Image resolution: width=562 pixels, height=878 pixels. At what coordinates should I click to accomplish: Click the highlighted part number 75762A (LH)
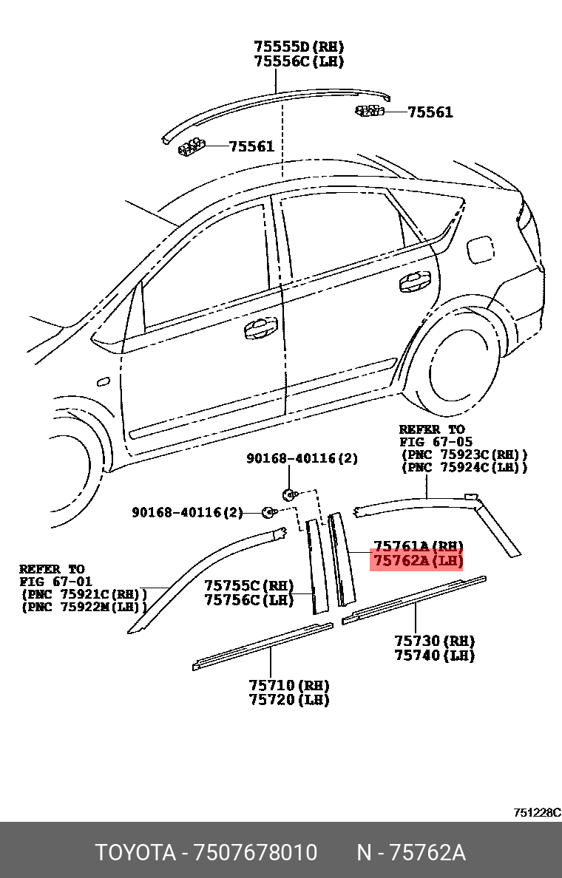click(417, 562)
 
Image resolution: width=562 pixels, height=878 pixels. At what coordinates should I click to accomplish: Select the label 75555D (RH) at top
click(299, 47)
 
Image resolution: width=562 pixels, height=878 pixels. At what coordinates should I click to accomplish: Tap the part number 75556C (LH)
click(299, 62)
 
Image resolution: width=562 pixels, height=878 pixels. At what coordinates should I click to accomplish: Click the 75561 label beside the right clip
click(430, 112)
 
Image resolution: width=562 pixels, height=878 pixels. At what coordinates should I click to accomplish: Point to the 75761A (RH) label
click(417, 546)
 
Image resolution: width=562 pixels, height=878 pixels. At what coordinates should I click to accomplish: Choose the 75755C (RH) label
click(249, 585)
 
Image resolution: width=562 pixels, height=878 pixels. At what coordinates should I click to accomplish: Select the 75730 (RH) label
click(434, 641)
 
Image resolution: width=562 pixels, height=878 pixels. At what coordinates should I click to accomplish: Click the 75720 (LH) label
click(288, 700)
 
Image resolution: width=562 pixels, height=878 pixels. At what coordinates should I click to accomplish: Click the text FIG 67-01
click(55, 582)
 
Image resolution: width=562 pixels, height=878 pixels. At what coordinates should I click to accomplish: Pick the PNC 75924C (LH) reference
click(464, 467)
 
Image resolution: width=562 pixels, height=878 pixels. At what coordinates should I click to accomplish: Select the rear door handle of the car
click(414, 281)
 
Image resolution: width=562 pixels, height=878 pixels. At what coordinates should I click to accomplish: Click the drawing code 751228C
click(537, 812)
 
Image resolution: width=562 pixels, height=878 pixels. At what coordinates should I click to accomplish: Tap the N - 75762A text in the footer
click(411, 853)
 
